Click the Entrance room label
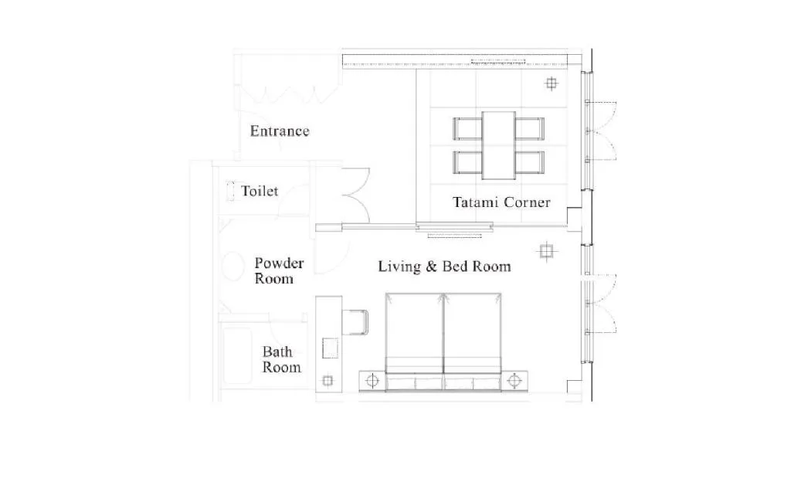pos(280,131)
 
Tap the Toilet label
pos(260,192)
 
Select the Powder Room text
pos(279,271)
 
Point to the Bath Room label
pos(281,359)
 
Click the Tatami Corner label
pos(501,202)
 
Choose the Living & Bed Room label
pos(444,267)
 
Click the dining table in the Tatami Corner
pos(498,145)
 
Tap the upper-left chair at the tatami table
pos(467,129)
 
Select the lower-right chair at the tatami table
pos(530,162)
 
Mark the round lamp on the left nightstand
pos(372,381)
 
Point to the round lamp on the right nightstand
pos(514,381)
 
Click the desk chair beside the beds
pos(355,322)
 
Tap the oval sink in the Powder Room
pos(233,266)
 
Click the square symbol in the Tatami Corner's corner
pos(552,83)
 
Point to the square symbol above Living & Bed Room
pos(546,251)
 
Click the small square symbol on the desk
pos(328,381)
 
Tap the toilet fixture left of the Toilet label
pos(230,192)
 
